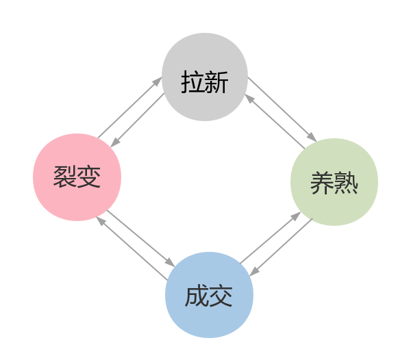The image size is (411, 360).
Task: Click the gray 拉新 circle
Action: pos(205,77)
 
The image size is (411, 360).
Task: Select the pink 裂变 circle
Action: pos(77,177)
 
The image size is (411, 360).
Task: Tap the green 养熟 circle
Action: pos(334,182)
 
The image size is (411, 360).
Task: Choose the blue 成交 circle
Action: pos(209,295)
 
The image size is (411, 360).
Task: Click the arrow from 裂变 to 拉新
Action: pos(130,107)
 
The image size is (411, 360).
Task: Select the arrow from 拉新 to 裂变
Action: pos(138,120)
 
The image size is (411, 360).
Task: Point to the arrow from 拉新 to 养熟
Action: pos(282,110)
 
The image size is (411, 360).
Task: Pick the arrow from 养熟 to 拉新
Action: pos(275,122)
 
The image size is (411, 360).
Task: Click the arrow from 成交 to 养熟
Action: pos(271,237)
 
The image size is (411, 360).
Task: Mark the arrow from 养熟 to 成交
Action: pos(282,247)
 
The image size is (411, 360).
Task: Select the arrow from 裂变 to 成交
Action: pos(141,238)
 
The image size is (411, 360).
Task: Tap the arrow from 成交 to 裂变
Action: pos(132,248)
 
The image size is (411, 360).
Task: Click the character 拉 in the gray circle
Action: pos(192,82)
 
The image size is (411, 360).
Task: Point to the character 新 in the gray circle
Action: pos(216,82)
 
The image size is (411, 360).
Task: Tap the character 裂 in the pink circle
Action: pos(65,177)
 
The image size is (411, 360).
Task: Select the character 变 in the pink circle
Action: pos(89,177)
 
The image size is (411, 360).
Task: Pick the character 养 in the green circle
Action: pos(322,183)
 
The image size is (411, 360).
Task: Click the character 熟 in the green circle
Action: pos(346,183)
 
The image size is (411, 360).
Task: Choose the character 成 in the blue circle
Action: pos(197,296)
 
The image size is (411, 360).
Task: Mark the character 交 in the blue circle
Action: pos(221,296)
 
